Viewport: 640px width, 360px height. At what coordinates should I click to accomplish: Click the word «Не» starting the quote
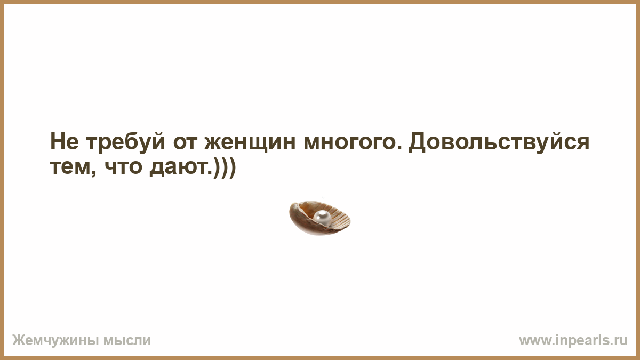coord(65,142)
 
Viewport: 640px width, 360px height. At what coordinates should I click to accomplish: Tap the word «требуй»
coord(125,142)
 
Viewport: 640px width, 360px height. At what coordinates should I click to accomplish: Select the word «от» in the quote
coord(185,143)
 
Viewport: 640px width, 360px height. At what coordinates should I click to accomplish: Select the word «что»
coord(123,167)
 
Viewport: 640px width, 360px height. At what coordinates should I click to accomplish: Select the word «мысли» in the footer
coord(127,341)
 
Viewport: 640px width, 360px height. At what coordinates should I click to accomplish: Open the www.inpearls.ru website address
coord(573,341)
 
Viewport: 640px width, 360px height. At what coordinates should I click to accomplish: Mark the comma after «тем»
coord(93,172)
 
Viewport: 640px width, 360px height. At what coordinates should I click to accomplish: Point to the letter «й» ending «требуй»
coord(158,141)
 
